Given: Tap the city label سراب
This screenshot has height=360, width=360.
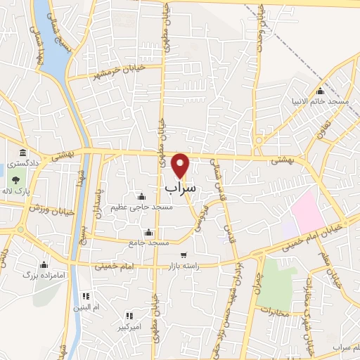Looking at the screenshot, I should pyautogui.click(x=181, y=189).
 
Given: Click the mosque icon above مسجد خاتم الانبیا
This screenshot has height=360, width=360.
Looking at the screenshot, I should pyautogui.click(x=321, y=91).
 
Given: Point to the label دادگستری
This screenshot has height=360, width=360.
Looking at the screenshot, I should pyautogui.click(x=23, y=163).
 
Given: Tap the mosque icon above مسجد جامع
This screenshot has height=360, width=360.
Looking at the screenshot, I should pyautogui.click(x=148, y=233).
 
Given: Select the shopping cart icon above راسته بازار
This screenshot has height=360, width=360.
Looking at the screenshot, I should pyautogui.click(x=184, y=255).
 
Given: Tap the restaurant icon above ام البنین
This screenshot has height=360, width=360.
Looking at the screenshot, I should pyautogui.click(x=86, y=297).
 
